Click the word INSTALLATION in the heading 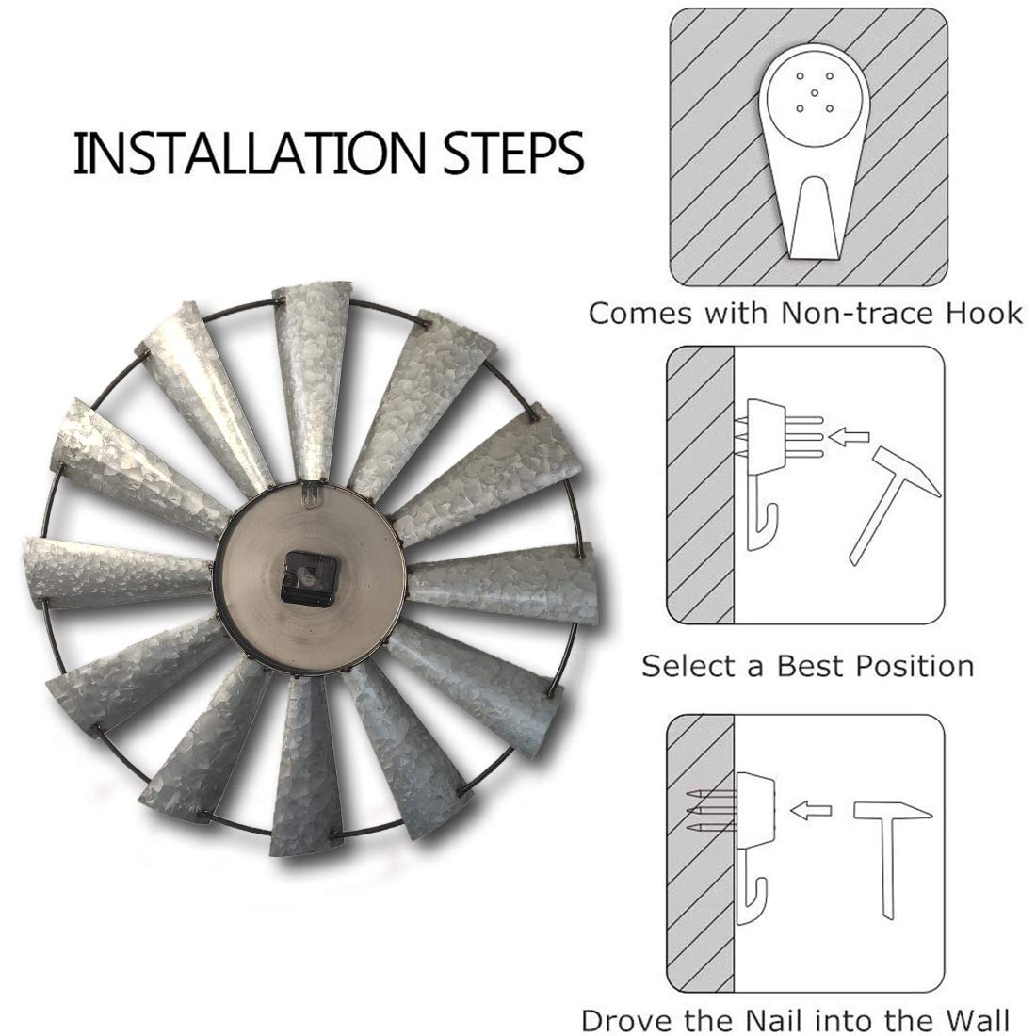pos(249,154)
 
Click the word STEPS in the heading pos(512,154)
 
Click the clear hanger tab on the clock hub pos(309,495)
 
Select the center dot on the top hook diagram pos(815,92)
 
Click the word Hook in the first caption pos(984,313)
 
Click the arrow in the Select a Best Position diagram pos(849,436)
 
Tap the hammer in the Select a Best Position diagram pos(893,504)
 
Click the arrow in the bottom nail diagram pos(811,810)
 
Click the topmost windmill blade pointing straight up pos(311,380)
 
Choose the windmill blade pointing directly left pos(119,573)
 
